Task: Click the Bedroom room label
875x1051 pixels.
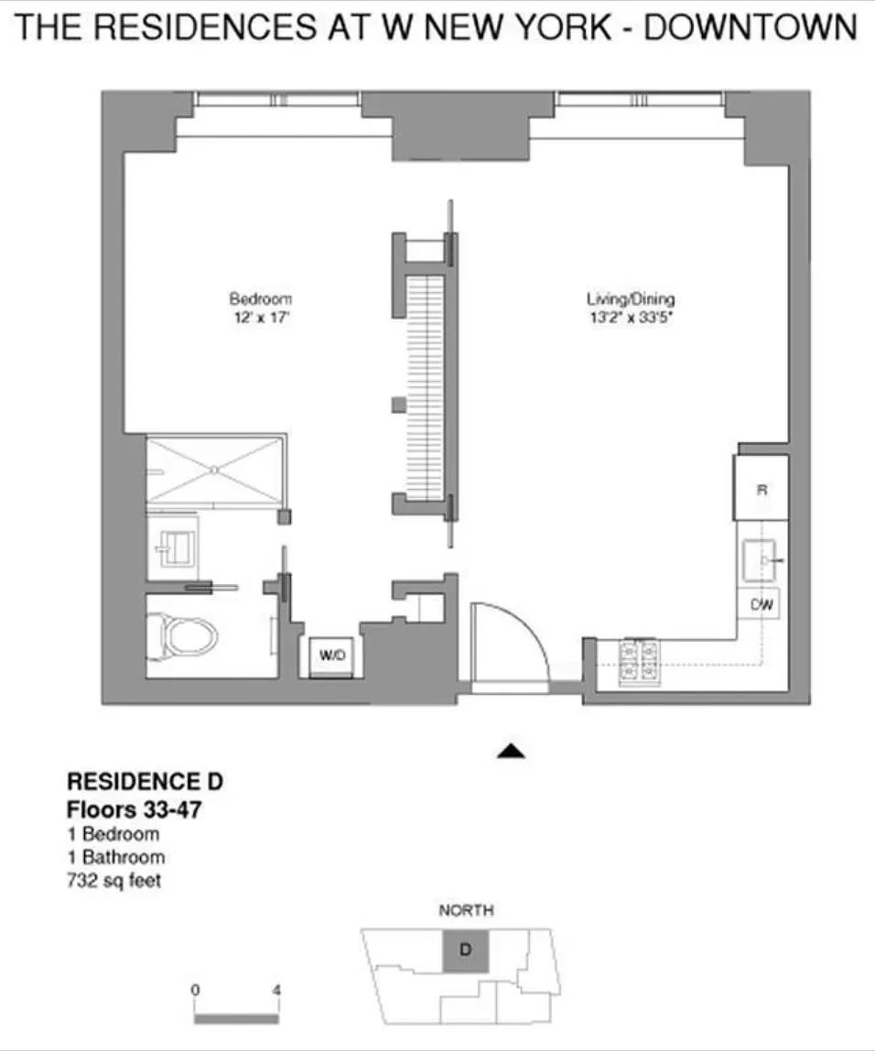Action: tap(260, 299)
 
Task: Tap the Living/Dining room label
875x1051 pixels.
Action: tap(631, 299)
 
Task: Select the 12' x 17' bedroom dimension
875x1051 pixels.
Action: tap(260, 320)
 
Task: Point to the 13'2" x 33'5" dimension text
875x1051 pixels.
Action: tap(631, 320)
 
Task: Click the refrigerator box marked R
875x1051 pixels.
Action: tap(761, 489)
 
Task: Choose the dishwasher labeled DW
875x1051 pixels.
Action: tap(760, 604)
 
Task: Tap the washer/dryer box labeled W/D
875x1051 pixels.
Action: tap(331, 656)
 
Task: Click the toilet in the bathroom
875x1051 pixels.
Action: tap(188, 634)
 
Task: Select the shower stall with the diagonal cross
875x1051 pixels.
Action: tap(214, 470)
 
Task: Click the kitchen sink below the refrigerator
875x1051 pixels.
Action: tap(760, 557)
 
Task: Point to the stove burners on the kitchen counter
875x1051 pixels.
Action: tap(641, 659)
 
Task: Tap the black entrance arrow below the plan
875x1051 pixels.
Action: tap(512, 752)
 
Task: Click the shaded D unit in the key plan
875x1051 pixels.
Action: tap(465, 950)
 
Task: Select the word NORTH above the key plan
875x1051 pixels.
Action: tap(466, 910)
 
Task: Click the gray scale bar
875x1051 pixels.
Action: tap(236, 1017)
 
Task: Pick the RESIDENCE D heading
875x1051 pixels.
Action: tap(145, 783)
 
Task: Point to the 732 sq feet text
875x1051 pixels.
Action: tap(115, 881)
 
